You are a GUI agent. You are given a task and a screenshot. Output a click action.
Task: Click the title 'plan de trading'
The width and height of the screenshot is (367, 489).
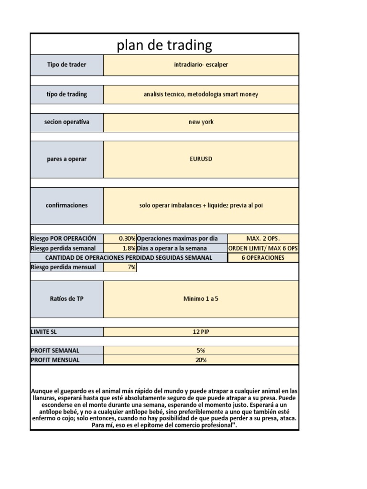point(164,45)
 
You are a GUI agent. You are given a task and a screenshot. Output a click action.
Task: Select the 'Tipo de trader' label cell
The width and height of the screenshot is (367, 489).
point(67,65)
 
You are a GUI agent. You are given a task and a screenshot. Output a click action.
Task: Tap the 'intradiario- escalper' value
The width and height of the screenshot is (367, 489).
point(201,65)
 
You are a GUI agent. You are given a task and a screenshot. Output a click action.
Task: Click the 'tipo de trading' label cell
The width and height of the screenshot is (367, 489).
point(67,95)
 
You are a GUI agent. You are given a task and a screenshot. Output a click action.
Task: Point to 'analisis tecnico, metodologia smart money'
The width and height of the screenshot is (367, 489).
point(201,95)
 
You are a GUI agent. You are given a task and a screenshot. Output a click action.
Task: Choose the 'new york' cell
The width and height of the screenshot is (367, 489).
point(201,122)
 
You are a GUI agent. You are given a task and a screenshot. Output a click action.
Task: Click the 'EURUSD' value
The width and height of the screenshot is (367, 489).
point(201,159)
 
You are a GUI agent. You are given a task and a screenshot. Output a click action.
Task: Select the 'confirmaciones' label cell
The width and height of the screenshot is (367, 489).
point(67,205)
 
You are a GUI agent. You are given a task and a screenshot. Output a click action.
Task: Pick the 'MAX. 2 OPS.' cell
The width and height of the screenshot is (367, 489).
point(263,238)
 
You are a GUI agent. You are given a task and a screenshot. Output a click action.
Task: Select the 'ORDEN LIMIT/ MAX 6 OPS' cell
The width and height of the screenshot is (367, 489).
point(263,248)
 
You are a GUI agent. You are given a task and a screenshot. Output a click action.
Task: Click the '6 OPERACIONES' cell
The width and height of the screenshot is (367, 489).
point(263,258)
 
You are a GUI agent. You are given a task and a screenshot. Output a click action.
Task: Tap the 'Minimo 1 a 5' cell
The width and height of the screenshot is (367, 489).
point(201,299)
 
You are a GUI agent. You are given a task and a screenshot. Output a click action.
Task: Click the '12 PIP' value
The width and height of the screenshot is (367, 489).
point(201,331)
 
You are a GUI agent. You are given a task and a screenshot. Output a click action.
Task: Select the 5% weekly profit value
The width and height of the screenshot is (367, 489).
point(201,351)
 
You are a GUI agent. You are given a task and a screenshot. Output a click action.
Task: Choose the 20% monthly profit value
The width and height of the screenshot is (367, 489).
point(201,360)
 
